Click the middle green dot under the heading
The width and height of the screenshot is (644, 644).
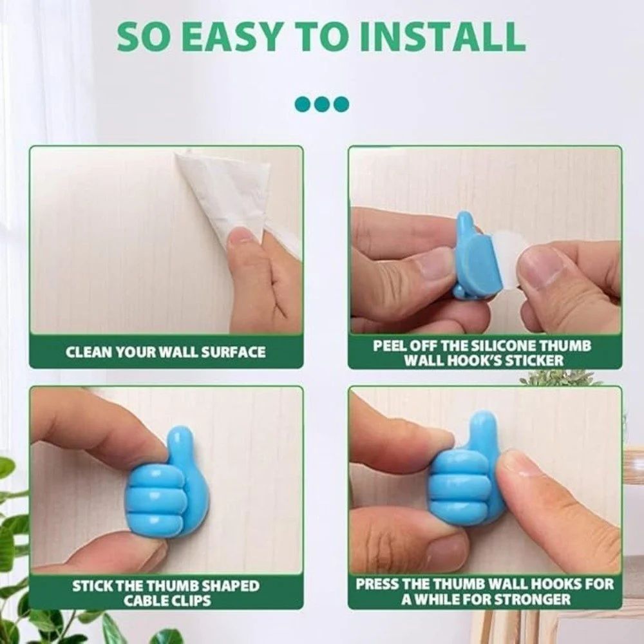tap(321, 104)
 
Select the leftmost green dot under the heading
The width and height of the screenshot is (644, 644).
tap(303, 104)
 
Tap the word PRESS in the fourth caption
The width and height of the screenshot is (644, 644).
tap(376, 585)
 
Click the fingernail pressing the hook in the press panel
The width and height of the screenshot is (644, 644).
tap(519, 465)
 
